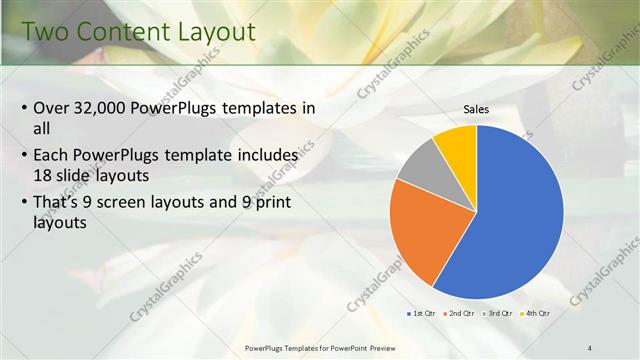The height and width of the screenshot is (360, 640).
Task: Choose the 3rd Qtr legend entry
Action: tap(499, 314)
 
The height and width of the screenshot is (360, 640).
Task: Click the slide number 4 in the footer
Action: tap(590, 347)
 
